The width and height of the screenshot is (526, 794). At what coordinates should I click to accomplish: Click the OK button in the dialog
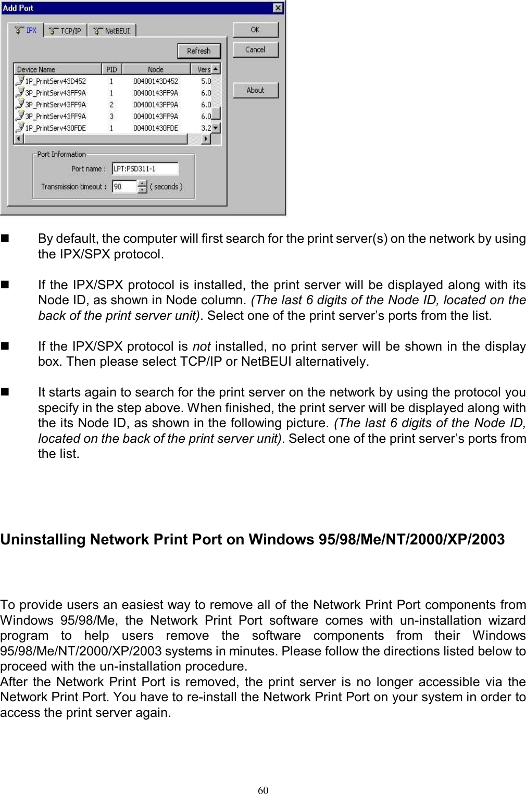click(x=255, y=30)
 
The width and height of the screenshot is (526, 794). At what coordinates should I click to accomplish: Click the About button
click(x=255, y=90)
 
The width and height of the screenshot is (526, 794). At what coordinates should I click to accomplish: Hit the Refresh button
click(x=198, y=51)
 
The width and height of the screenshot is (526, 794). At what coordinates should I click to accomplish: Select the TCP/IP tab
click(x=66, y=31)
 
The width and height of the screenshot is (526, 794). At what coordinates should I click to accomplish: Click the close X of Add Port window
click(x=279, y=8)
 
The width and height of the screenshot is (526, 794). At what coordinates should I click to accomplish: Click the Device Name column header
click(x=57, y=69)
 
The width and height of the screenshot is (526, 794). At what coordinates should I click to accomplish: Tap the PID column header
click(x=111, y=69)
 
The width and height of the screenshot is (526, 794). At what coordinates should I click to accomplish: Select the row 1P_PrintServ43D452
click(x=55, y=81)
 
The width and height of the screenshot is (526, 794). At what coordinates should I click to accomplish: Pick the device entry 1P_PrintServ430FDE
click(x=55, y=128)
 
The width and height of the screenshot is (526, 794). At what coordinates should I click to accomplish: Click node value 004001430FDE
click(x=155, y=128)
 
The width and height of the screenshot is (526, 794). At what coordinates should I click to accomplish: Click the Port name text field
click(x=145, y=169)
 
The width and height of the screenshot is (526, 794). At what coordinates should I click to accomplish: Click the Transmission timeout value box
click(x=124, y=187)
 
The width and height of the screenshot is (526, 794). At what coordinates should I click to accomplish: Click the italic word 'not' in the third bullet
click(x=201, y=346)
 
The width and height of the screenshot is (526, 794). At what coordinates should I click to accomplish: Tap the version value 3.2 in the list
click(x=206, y=128)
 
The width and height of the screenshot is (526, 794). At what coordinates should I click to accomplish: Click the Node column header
click(x=155, y=69)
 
